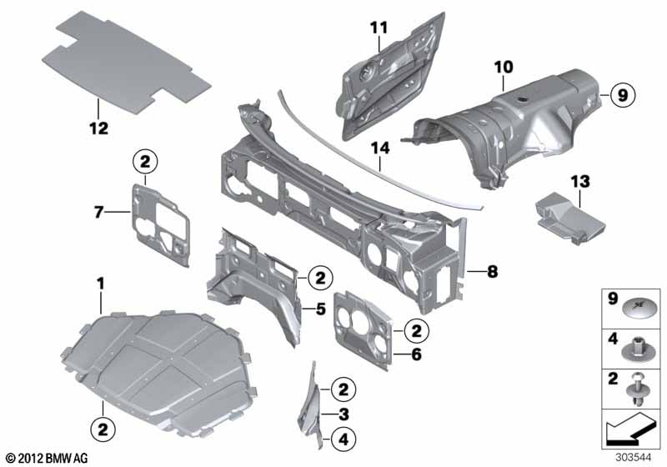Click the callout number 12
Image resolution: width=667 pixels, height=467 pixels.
click(x=98, y=128)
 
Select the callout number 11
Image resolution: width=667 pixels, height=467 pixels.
click(x=379, y=28)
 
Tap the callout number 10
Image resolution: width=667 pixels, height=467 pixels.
click(x=504, y=68)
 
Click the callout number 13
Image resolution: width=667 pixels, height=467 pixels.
click(x=581, y=182)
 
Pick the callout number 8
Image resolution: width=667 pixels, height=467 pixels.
click(x=492, y=271)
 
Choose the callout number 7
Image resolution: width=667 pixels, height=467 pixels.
click(x=98, y=212)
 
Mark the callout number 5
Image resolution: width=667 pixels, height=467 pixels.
click(x=320, y=309)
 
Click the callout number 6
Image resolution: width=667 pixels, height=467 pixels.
click(x=415, y=354)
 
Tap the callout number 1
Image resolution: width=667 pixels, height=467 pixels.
click(x=100, y=284)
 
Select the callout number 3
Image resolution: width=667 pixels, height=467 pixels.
click(x=344, y=414)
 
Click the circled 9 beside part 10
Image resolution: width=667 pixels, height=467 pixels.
click(x=622, y=95)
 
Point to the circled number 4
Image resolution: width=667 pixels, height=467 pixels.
click(x=344, y=439)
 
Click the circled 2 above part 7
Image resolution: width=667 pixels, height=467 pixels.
click(x=145, y=162)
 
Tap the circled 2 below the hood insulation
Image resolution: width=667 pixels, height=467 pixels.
click(x=103, y=429)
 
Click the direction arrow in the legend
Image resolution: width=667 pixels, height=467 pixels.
click(x=630, y=429)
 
